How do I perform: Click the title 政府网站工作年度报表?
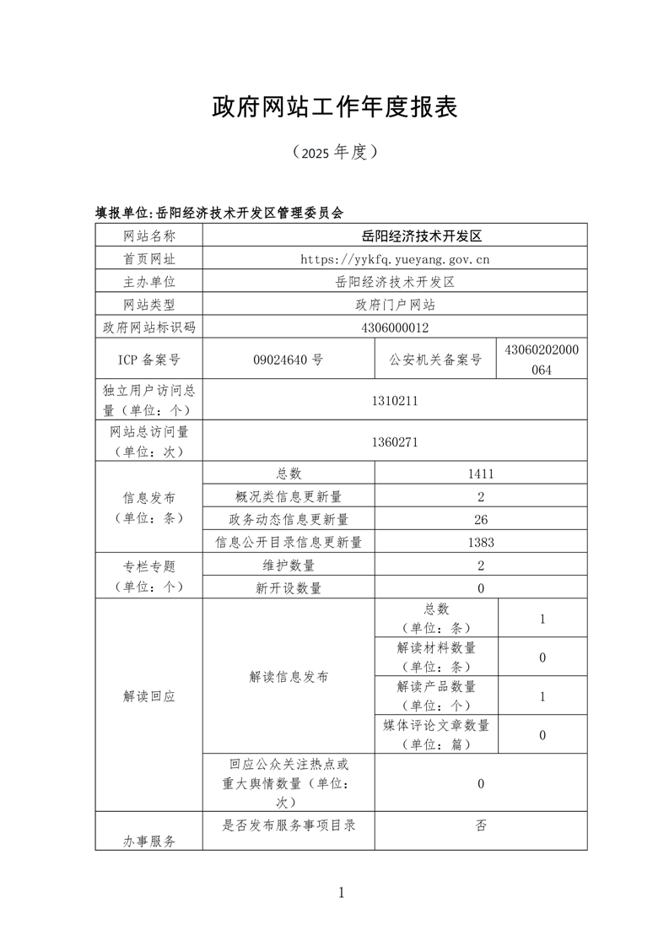click(x=334, y=107)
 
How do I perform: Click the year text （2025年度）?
click(x=334, y=153)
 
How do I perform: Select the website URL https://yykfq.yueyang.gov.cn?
click(x=395, y=259)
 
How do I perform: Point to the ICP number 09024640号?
click(x=288, y=360)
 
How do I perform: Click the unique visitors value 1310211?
click(x=395, y=401)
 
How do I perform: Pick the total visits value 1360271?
click(x=395, y=441)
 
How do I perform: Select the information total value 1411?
click(x=480, y=473)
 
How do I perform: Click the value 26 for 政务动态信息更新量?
click(x=480, y=519)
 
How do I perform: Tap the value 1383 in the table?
click(x=480, y=542)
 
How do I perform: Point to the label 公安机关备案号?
click(x=435, y=360)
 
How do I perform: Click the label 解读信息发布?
click(x=289, y=676)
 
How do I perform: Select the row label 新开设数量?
click(x=289, y=588)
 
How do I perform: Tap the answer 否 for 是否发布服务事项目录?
click(x=480, y=825)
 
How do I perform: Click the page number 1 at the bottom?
click(x=341, y=892)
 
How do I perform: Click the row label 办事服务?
click(x=148, y=841)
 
